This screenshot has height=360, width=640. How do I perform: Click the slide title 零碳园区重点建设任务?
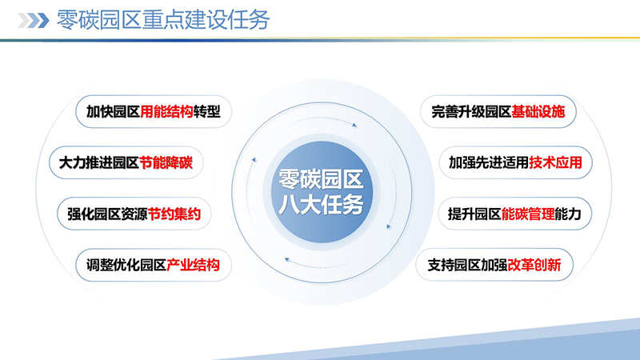[x=163, y=20]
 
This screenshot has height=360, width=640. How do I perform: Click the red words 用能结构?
[x=167, y=112]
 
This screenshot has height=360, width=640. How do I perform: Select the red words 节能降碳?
[x=166, y=162]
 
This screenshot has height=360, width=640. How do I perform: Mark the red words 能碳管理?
[x=528, y=214]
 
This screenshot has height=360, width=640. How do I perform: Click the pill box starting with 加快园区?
[x=153, y=112]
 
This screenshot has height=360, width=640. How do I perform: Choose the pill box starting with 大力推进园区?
[x=126, y=162]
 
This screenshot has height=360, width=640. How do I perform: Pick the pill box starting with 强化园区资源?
[x=134, y=214]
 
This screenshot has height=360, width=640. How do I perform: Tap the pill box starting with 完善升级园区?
[x=497, y=112]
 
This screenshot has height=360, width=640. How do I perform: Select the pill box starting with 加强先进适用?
[x=520, y=162]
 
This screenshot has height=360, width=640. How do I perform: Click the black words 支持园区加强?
[x=469, y=265]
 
